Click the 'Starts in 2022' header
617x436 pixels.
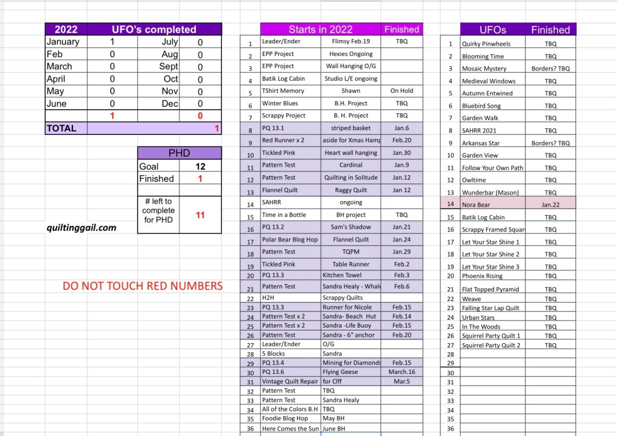click(321, 29)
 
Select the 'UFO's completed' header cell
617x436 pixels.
click(154, 29)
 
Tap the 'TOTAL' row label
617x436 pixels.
click(61, 128)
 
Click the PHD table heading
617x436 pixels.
click(179, 153)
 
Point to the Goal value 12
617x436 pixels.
click(200, 166)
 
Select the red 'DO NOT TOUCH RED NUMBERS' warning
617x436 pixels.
click(143, 286)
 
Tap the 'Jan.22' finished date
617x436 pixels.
click(550, 205)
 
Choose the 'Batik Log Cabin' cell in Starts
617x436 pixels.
click(283, 78)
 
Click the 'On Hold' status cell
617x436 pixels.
click(401, 91)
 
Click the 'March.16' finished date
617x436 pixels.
click(401, 372)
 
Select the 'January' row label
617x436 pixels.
click(63, 42)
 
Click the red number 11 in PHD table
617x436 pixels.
click(200, 214)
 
